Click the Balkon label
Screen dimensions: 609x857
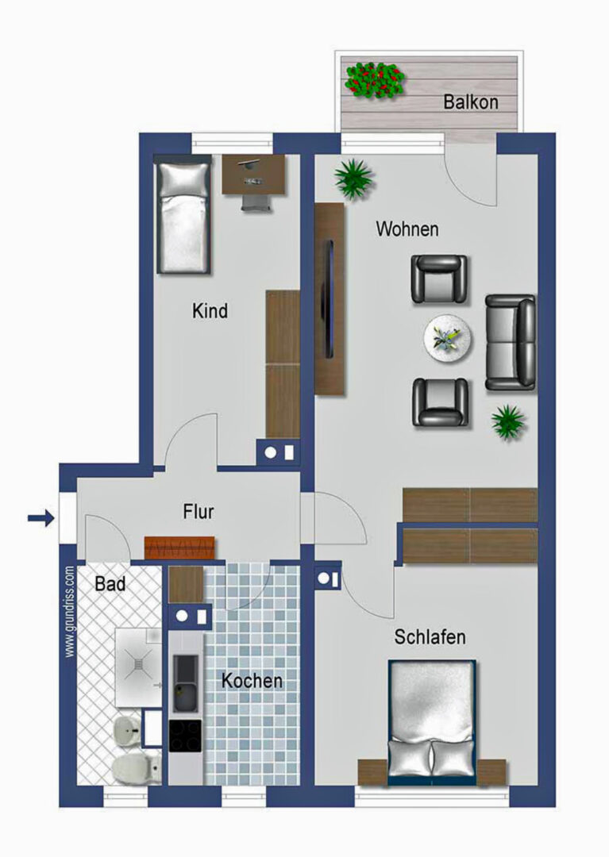(x=471, y=102)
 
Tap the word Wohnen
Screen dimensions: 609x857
(x=407, y=229)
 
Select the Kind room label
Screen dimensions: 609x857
(x=210, y=311)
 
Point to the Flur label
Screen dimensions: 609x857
(x=198, y=512)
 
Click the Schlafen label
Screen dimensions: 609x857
(x=430, y=636)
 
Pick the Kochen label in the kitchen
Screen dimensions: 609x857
(x=252, y=681)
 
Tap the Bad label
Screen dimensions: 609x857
(x=110, y=584)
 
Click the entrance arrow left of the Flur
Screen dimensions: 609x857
(x=41, y=517)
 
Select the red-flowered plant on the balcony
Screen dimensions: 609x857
(x=375, y=80)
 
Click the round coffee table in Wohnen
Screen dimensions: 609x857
(x=449, y=339)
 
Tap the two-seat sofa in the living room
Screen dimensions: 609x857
(x=511, y=343)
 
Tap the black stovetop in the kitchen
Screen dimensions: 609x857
(x=185, y=736)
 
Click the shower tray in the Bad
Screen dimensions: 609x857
(x=138, y=667)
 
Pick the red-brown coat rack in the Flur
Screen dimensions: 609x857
(x=179, y=548)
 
